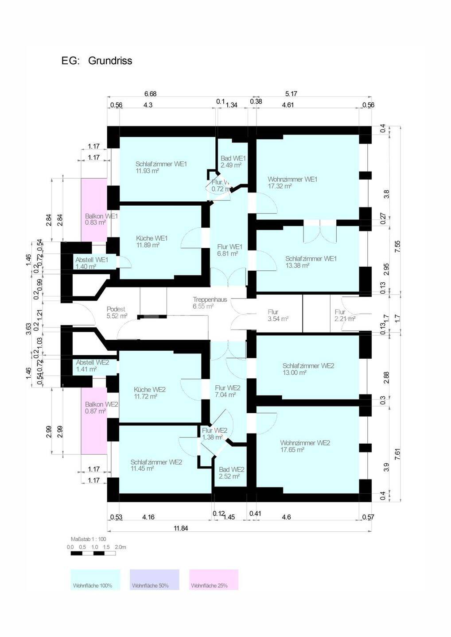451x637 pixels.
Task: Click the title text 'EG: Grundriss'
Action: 97,61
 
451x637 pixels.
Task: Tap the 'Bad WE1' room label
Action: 233,158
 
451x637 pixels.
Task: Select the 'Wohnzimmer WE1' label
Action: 292,179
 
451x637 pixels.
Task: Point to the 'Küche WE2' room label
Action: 150,390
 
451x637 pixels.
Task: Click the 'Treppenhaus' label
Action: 210,299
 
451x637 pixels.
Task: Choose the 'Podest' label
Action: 116,309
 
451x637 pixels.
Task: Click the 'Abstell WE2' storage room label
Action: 92,362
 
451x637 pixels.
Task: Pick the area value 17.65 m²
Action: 292,450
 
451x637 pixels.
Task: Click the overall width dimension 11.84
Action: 181,528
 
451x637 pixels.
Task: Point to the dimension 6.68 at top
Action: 150,94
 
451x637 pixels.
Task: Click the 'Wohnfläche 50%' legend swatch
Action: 154,579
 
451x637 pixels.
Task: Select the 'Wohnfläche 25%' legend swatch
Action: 214,579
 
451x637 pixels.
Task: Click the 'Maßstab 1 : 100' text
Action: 88,539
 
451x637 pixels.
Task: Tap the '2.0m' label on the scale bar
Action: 121,547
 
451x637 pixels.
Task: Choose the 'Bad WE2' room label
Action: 231,469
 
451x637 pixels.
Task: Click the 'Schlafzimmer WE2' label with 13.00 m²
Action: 308,366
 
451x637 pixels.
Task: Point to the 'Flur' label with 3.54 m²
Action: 273,312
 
